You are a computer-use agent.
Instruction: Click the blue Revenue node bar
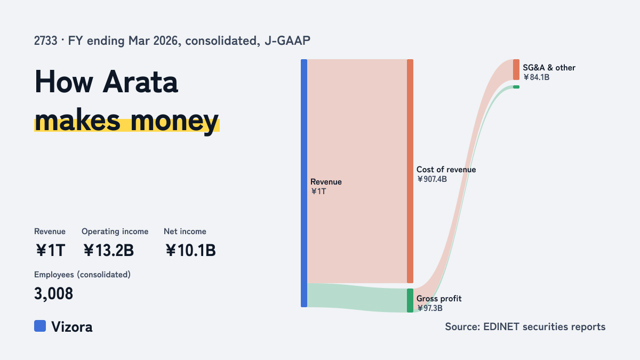coord(304,183)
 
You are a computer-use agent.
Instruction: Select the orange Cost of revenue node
coord(410,171)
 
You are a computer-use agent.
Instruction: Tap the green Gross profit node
coord(410,301)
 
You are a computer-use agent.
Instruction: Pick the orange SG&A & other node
coord(516,70)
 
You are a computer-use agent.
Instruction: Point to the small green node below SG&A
coord(516,87)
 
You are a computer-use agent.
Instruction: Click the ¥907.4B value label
coord(431,179)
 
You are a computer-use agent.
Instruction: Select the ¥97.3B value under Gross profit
coord(430,308)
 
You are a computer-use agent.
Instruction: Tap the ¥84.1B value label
coord(537,77)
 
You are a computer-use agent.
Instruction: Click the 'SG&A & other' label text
coord(549,68)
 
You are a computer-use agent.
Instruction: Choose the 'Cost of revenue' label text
coord(446,170)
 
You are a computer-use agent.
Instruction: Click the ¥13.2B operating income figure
coord(109,250)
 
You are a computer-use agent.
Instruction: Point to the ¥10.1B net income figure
coord(190,250)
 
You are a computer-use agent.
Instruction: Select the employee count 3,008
coord(54,294)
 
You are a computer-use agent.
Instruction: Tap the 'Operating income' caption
coord(115,231)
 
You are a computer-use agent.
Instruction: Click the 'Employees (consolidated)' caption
coord(82,275)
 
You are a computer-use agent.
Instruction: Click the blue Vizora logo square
coord(40,326)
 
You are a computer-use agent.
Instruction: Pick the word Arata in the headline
coord(140,82)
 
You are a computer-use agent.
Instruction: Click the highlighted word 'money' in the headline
coord(174,122)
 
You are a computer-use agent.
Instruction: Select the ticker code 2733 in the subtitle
coord(46,41)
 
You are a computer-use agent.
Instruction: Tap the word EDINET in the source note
coord(501,326)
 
